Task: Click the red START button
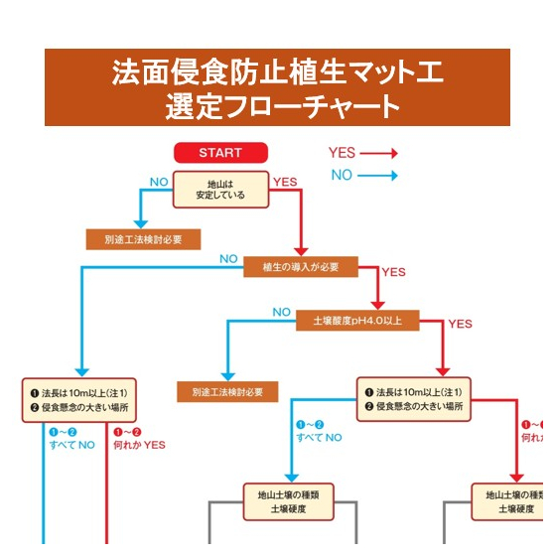tap(220, 153)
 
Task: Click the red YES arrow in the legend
tap(377, 154)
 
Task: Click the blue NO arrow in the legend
tap(377, 176)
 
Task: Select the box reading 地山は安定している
tap(220, 190)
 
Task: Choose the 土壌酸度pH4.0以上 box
tap(357, 319)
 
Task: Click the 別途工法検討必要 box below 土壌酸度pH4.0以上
tap(227, 392)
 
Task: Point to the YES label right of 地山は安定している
tap(285, 182)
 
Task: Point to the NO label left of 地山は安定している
tap(158, 182)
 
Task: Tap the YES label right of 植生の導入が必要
tap(394, 272)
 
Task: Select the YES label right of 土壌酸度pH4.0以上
tap(460, 324)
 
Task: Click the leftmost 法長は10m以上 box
tap(84, 399)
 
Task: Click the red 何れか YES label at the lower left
tap(139, 439)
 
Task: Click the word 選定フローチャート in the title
tap(282, 106)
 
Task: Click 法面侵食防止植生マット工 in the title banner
tap(277, 72)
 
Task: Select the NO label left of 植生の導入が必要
tap(228, 259)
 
